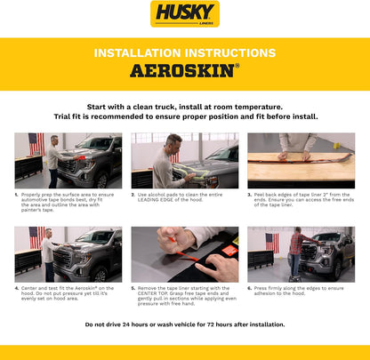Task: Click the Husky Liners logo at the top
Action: (x=185, y=14)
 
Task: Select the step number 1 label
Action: (x=17, y=194)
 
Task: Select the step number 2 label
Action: (x=133, y=194)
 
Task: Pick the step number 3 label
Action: (x=250, y=194)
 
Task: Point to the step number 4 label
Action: (x=17, y=288)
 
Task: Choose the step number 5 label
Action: (x=133, y=288)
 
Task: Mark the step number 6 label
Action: (x=250, y=288)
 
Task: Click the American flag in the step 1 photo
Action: (x=36, y=142)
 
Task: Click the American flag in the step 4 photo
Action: (x=36, y=236)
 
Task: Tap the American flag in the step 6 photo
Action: (x=272, y=241)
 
